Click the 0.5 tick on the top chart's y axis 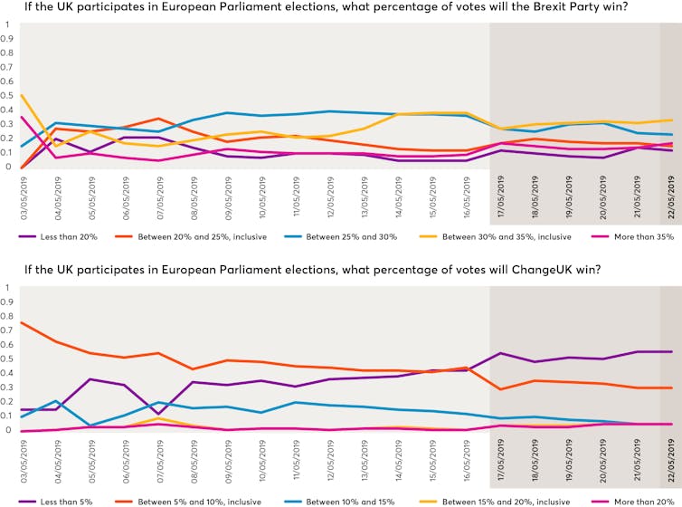coord(7,96)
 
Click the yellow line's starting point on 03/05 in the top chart coord(21,96)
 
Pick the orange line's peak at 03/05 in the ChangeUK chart coord(21,322)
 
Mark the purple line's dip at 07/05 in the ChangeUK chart coord(159,415)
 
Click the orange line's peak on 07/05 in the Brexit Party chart coord(159,119)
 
